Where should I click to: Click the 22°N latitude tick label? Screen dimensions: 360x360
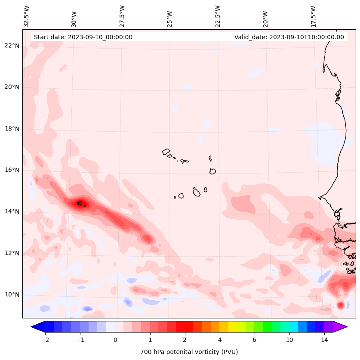click(12, 46)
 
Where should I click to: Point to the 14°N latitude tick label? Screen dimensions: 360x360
click(12, 211)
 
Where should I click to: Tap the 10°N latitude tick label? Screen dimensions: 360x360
click(12, 295)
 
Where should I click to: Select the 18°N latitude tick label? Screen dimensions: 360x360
click(12, 129)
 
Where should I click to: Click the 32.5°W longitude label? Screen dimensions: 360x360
click(27, 16)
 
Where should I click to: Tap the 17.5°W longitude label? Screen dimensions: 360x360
click(313, 16)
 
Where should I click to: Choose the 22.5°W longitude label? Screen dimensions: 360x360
click(218, 16)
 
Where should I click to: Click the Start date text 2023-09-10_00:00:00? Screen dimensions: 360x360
click(83, 37)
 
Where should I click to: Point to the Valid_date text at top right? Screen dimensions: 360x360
click(289, 37)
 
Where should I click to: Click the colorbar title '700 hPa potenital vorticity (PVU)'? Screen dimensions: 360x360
click(189, 352)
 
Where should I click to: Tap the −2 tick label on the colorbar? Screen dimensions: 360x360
click(45, 340)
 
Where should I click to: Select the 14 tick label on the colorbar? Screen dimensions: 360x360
click(324, 340)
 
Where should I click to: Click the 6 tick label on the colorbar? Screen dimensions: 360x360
click(254, 340)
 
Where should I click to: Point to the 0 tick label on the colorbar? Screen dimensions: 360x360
click(115, 340)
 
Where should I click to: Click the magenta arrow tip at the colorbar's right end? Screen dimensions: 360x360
click(341, 326)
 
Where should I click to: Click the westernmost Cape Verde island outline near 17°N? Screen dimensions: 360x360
click(166, 152)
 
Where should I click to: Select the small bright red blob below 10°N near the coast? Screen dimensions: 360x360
click(341, 305)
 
